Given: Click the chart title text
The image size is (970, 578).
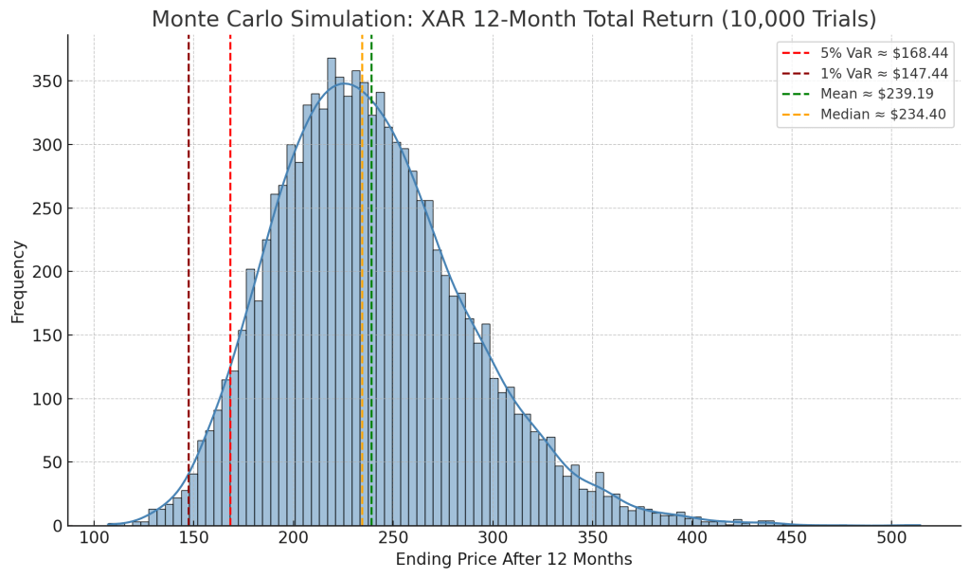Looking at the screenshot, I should (x=513, y=19).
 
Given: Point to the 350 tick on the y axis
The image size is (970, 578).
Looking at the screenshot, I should (x=49, y=81).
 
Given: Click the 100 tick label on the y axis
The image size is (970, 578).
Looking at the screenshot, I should (x=49, y=399).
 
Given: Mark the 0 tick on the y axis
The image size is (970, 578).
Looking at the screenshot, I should (x=58, y=526).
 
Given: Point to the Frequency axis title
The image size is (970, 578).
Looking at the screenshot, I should (x=18, y=281).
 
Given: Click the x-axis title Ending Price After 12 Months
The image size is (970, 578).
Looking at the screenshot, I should (x=513, y=560).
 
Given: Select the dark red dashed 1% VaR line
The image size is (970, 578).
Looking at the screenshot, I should (x=189, y=284).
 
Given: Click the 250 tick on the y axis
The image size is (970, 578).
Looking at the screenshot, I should (x=49, y=208).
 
